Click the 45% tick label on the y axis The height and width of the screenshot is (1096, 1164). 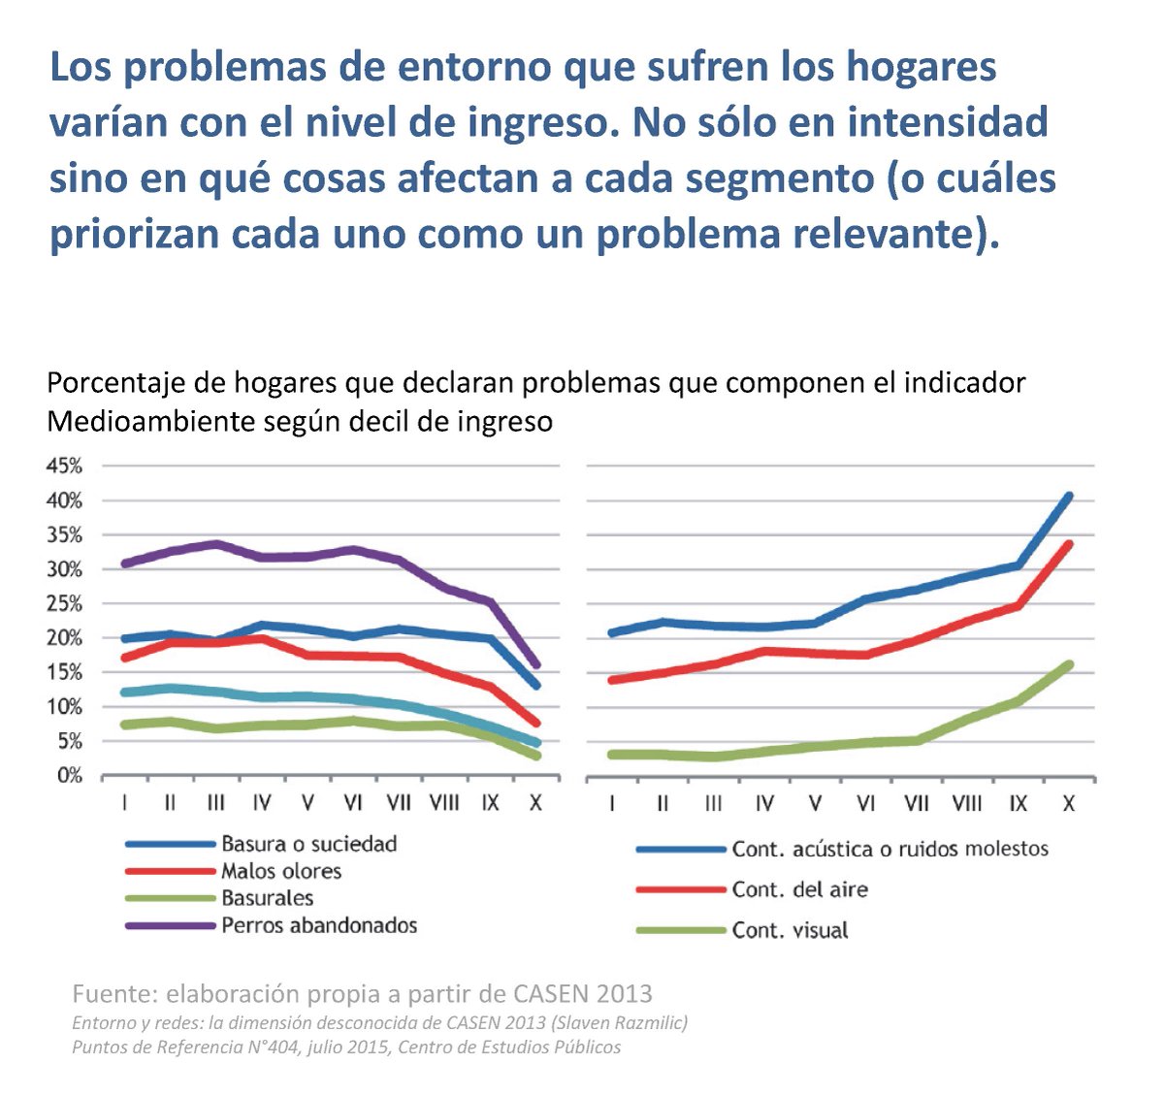(63, 467)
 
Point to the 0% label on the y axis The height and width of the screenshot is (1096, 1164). (68, 776)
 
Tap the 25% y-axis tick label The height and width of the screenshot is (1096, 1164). (63, 604)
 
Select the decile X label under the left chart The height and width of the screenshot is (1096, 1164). (534, 803)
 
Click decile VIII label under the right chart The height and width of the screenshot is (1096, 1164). (966, 804)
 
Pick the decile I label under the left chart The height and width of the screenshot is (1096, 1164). (125, 803)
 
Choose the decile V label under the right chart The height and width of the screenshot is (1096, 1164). (815, 804)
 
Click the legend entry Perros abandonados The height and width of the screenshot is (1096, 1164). (319, 925)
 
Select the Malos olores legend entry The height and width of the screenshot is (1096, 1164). (281, 871)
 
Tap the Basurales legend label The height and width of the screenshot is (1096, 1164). (267, 898)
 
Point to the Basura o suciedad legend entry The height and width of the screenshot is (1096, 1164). (308, 844)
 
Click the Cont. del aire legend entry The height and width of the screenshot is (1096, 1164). (799, 889)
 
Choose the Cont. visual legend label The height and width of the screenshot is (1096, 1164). (790, 930)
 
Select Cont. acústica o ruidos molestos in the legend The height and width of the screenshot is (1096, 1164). (889, 849)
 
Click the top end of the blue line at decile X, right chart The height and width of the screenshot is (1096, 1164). (1069, 496)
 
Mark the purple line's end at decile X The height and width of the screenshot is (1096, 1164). (535, 665)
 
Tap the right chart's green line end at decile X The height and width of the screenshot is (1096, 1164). (1069, 664)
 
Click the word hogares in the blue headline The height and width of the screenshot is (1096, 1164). (921, 68)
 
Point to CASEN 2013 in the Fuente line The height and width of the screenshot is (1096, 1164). (583, 993)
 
